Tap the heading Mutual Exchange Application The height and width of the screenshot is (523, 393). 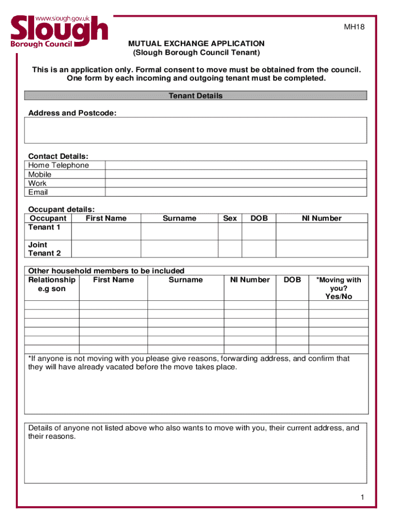196,43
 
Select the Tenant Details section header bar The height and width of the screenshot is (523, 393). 195,96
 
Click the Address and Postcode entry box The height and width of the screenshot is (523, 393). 195,130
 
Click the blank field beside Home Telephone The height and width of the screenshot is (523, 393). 236,165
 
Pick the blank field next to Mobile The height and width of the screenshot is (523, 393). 236,175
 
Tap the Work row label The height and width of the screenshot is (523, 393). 37,183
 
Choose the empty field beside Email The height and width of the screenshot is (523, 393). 236,192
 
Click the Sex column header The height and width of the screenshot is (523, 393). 230,218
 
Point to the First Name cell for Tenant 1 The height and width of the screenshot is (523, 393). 106,231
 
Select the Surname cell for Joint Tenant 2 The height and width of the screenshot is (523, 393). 179,249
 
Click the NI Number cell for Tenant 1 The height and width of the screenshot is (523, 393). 321,231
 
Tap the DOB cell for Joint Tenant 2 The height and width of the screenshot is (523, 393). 259,249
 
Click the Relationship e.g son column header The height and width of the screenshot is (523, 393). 52,284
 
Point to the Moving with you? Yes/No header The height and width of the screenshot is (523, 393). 338,288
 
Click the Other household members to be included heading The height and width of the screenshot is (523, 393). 106,271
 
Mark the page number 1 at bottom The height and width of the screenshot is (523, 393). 361,497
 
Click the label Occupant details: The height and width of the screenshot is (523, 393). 61,209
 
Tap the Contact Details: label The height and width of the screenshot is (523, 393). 58,156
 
